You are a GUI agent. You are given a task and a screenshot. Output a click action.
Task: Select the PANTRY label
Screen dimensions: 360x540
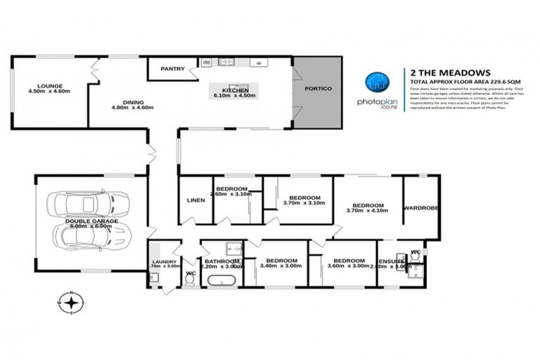[x=172, y=69]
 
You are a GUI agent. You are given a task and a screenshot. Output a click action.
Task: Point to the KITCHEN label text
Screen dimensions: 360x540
[x=233, y=91]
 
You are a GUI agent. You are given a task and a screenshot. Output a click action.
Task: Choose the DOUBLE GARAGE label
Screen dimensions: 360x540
[x=91, y=221]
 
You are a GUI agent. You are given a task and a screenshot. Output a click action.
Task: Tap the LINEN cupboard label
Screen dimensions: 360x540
[x=195, y=200]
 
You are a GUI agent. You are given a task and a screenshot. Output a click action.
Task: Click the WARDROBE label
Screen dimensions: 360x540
[x=421, y=208]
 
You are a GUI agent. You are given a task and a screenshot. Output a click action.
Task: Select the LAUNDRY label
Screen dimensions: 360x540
[x=163, y=262]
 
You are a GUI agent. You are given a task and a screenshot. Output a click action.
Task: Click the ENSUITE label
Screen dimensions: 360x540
[x=392, y=261]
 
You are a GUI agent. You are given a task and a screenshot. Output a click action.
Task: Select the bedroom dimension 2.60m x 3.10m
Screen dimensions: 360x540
[x=231, y=195]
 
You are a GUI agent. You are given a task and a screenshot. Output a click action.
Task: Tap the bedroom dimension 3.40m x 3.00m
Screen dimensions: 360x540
[x=280, y=266]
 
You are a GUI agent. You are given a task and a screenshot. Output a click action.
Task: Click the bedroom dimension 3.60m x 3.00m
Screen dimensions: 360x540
[x=349, y=266]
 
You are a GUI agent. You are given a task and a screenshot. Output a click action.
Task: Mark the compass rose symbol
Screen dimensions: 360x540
[x=70, y=303]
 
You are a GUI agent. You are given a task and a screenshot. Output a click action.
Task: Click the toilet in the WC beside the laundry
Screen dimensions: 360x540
[x=189, y=279]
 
